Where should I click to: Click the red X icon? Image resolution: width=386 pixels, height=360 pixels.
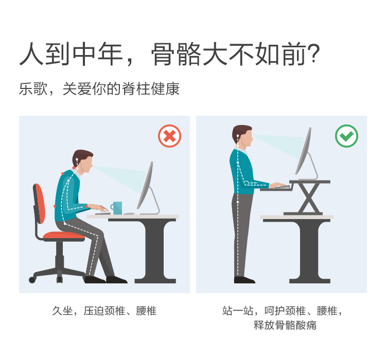tap(170, 136)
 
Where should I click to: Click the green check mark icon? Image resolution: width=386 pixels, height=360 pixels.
tap(346, 136)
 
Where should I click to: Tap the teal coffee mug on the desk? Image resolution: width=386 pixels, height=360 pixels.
tap(116, 208)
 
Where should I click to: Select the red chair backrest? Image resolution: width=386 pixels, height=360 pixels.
tap(40, 204)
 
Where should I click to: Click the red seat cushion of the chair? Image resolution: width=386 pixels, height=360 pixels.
tap(64, 236)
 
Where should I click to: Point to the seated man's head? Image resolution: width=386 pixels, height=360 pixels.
tap(83, 161)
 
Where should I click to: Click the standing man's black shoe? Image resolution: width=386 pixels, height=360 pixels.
tap(244, 280)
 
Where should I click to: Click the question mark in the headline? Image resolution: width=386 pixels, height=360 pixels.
tap(314, 53)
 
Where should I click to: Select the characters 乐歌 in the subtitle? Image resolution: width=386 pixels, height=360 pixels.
tap(33, 88)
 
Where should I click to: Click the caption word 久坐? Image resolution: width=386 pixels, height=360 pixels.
tap(62, 311)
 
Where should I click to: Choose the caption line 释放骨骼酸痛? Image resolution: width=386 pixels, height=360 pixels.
tap(285, 325)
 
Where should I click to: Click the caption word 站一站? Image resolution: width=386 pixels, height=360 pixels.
tap(238, 311)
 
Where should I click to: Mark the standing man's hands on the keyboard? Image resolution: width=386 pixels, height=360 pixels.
tap(277, 185)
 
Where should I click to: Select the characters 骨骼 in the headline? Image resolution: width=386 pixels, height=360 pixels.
tap(176, 54)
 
